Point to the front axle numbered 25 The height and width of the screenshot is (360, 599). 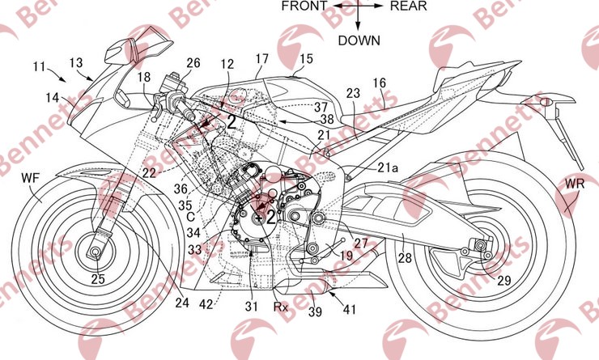pyautogui.click(x=97, y=279)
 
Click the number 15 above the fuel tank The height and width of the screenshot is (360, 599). pyautogui.click(x=306, y=59)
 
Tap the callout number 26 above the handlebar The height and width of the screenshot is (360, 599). pyautogui.click(x=193, y=63)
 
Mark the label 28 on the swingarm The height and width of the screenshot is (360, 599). pyautogui.click(x=403, y=259)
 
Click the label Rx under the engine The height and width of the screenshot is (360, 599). pyautogui.click(x=280, y=307)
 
